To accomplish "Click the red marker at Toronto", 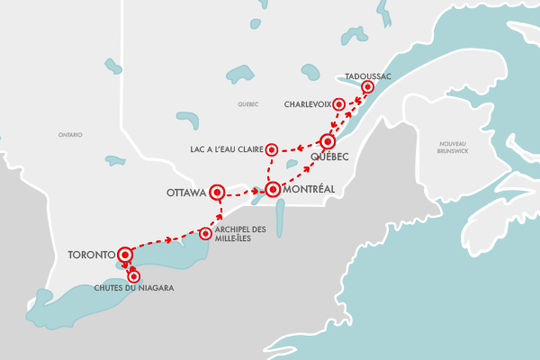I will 124,255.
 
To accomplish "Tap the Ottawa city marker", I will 216,192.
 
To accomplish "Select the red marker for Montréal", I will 272,190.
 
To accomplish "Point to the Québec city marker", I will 328,141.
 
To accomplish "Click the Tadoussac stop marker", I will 367,87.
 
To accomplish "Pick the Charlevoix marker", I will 338,103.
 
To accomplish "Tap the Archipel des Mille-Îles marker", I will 206,234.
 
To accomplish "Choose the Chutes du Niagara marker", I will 135,276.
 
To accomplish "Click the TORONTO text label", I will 91,255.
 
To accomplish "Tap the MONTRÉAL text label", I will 309,190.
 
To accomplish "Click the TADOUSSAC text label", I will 368,76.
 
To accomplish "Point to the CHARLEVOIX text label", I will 307,103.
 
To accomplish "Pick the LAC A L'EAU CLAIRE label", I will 226,148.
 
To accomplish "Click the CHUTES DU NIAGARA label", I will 133,288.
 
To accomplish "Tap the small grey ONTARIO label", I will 70,134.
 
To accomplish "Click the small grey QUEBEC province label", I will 248,104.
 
